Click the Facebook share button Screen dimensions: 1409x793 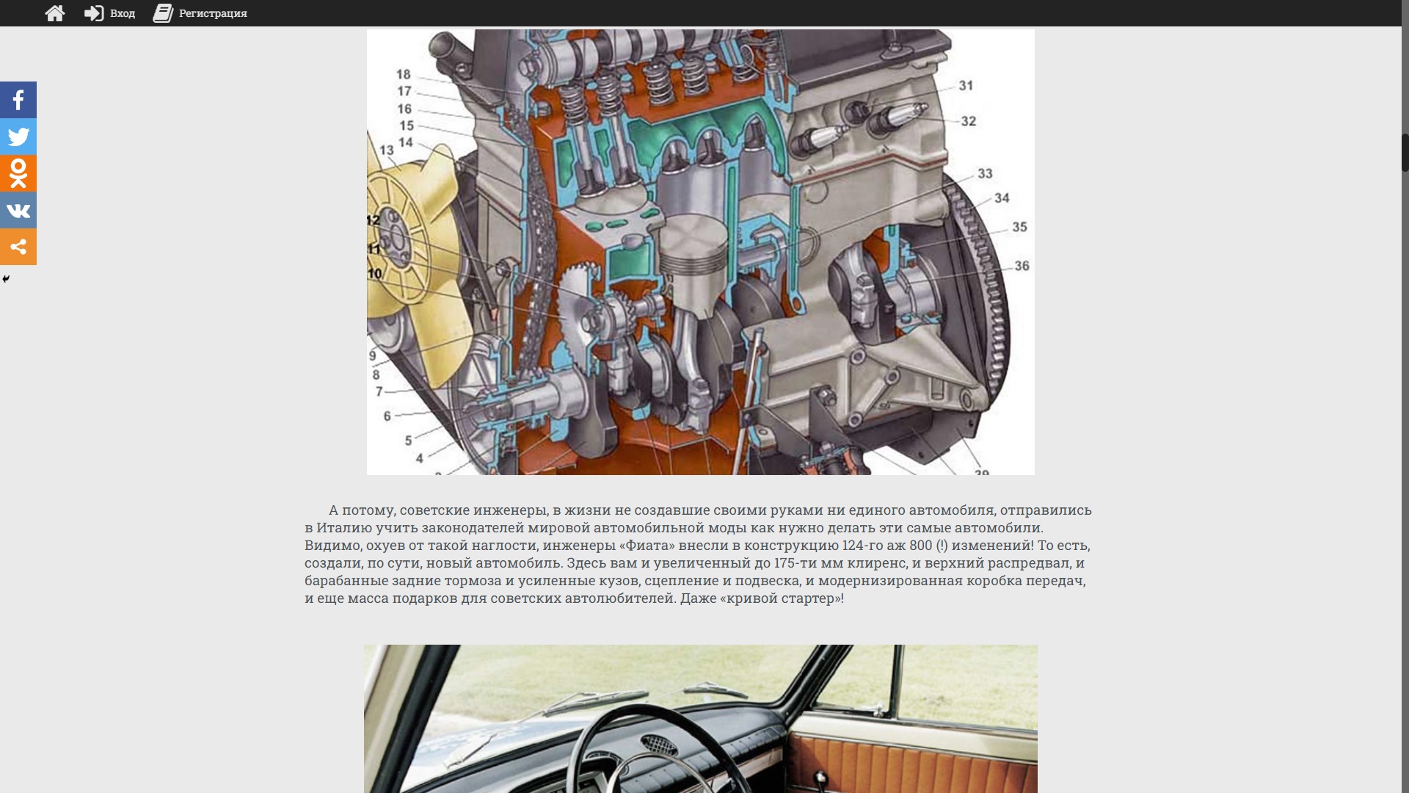18,100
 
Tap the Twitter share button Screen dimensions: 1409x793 18,137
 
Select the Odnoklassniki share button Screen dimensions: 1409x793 18,173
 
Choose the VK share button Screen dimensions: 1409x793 18,210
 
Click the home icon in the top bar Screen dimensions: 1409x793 55,13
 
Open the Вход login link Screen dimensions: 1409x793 110,13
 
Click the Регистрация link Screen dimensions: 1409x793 200,13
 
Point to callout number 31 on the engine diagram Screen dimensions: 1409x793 966,86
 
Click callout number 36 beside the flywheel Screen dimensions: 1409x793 1022,266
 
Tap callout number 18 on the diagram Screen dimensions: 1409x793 404,74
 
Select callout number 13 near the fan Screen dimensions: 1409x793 387,151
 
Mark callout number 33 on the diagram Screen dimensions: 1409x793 985,174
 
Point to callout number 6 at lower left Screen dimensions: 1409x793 387,416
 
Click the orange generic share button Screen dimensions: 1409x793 18,247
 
